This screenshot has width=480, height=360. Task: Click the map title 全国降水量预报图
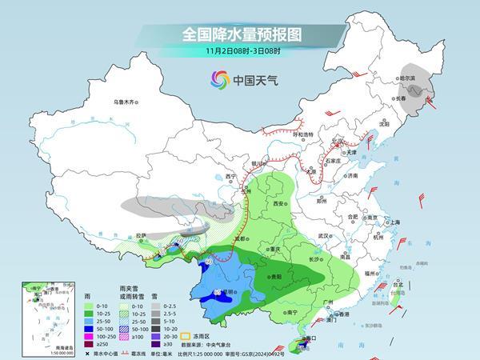pos(239,35)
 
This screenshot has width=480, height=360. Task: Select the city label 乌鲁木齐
pos(126,102)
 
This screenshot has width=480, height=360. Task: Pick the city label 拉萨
pos(141,235)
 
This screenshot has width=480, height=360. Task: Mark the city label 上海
pos(392,222)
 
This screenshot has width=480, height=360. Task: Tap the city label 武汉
pos(323,236)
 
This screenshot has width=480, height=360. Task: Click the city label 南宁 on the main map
pos(290,312)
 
